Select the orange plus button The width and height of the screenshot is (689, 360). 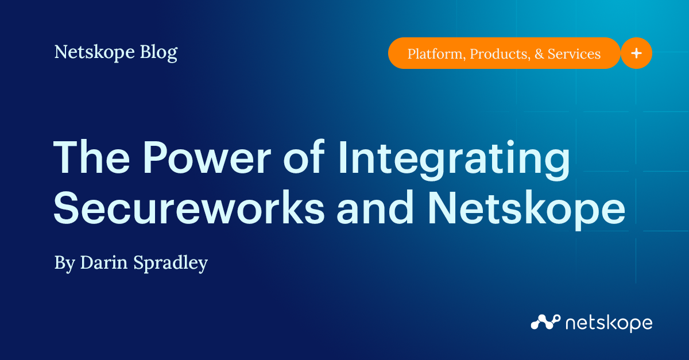636,53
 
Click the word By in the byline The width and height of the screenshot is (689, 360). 64,264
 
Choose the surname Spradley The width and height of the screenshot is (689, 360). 172,264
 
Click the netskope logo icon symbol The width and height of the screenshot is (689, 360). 544,322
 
